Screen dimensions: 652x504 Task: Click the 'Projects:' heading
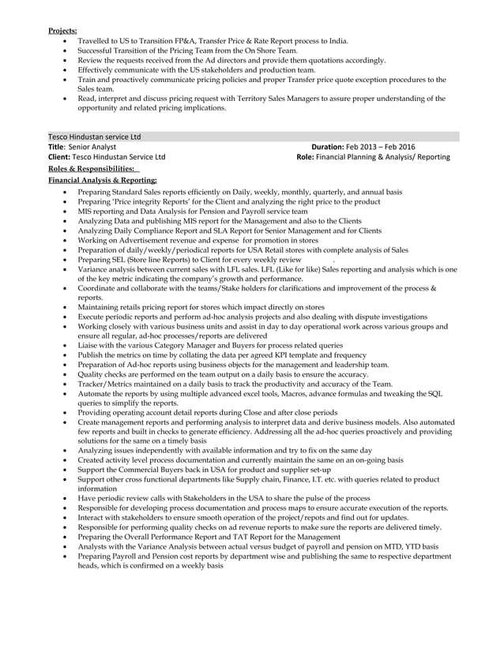tap(62, 30)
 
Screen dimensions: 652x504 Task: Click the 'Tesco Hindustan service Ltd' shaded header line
tap(95, 137)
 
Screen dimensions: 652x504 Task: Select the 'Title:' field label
tap(56, 147)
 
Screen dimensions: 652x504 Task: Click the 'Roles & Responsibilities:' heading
tap(92, 169)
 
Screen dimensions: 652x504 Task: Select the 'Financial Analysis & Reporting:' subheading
tap(102, 181)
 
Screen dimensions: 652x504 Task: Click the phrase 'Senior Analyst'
tap(92, 147)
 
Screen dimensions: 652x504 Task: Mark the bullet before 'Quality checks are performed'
tap(65, 375)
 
